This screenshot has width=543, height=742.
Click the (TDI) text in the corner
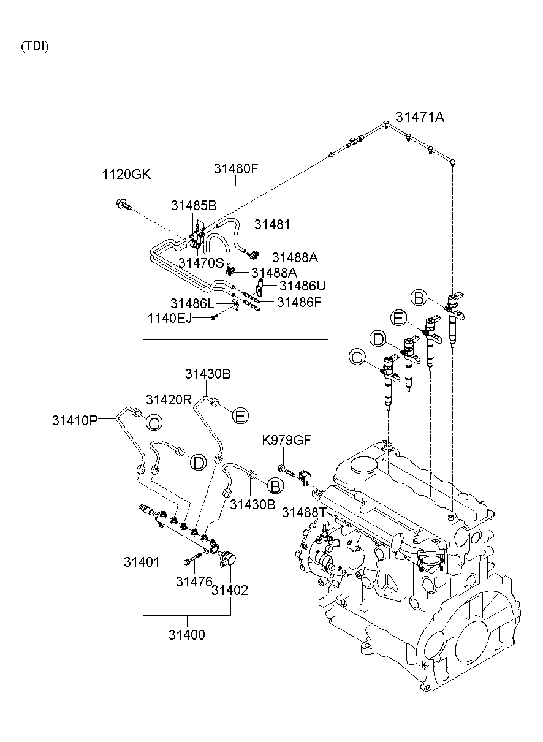(35, 46)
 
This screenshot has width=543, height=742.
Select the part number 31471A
(419, 116)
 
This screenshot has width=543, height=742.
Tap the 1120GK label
(126, 175)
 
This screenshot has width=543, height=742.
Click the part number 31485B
(194, 206)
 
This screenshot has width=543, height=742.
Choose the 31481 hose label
(272, 225)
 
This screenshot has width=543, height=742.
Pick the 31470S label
(202, 263)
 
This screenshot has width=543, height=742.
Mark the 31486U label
(303, 286)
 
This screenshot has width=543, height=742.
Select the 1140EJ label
(170, 318)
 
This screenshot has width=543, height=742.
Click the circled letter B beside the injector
(419, 298)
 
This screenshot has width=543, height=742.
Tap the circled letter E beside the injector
(398, 318)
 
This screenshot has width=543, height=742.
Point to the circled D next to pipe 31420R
(198, 462)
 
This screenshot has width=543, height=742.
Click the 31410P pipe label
(75, 420)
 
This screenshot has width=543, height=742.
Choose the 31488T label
(305, 512)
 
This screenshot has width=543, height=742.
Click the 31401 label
(142, 562)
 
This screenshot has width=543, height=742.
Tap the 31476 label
(194, 581)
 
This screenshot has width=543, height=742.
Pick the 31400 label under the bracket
(187, 635)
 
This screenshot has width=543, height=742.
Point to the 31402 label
(230, 590)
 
